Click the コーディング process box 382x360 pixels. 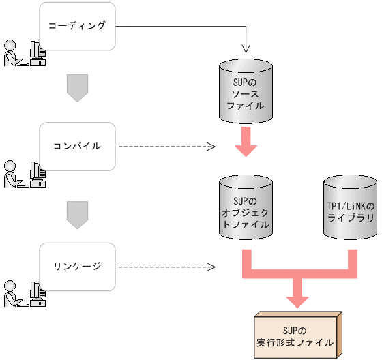(77, 26)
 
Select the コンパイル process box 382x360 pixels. (77, 146)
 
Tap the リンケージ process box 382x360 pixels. (77, 266)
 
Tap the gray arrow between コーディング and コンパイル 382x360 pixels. (77, 87)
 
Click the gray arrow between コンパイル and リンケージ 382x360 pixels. (77, 215)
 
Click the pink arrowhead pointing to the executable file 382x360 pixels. (297, 299)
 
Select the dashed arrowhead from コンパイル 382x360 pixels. (211, 146)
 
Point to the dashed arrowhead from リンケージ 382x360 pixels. (211, 266)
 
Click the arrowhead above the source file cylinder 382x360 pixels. (246, 49)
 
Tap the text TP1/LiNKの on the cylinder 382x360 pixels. (350, 206)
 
